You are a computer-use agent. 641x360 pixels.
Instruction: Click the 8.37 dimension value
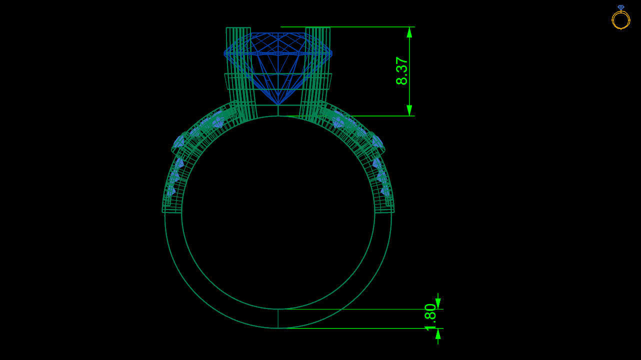(x=402, y=70)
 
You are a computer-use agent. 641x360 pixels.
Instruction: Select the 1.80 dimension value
(x=430, y=316)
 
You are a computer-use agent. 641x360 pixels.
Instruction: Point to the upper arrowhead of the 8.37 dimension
(x=409, y=32)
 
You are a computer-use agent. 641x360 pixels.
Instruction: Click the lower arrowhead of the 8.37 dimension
(x=409, y=110)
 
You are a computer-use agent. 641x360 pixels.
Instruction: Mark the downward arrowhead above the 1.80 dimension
(x=438, y=303)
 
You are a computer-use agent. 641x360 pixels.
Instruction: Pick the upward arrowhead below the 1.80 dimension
(x=438, y=334)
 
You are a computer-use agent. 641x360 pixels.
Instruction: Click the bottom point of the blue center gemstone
(x=278, y=104)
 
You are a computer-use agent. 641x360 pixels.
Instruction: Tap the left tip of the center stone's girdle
(x=225, y=53)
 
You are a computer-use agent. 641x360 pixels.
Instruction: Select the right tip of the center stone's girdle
(x=332, y=53)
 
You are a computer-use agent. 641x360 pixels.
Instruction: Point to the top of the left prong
(x=238, y=28)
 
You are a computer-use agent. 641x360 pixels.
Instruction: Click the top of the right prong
(x=317, y=28)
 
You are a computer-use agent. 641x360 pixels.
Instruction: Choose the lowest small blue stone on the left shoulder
(x=170, y=191)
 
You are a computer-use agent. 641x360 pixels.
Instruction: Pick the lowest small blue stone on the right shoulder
(x=385, y=191)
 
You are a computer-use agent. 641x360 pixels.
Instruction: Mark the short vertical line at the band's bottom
(x=278, y=318)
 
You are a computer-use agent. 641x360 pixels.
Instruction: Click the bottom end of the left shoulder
(x=171, y=210)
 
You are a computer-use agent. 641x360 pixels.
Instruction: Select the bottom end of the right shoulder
(x=384, y=210)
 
